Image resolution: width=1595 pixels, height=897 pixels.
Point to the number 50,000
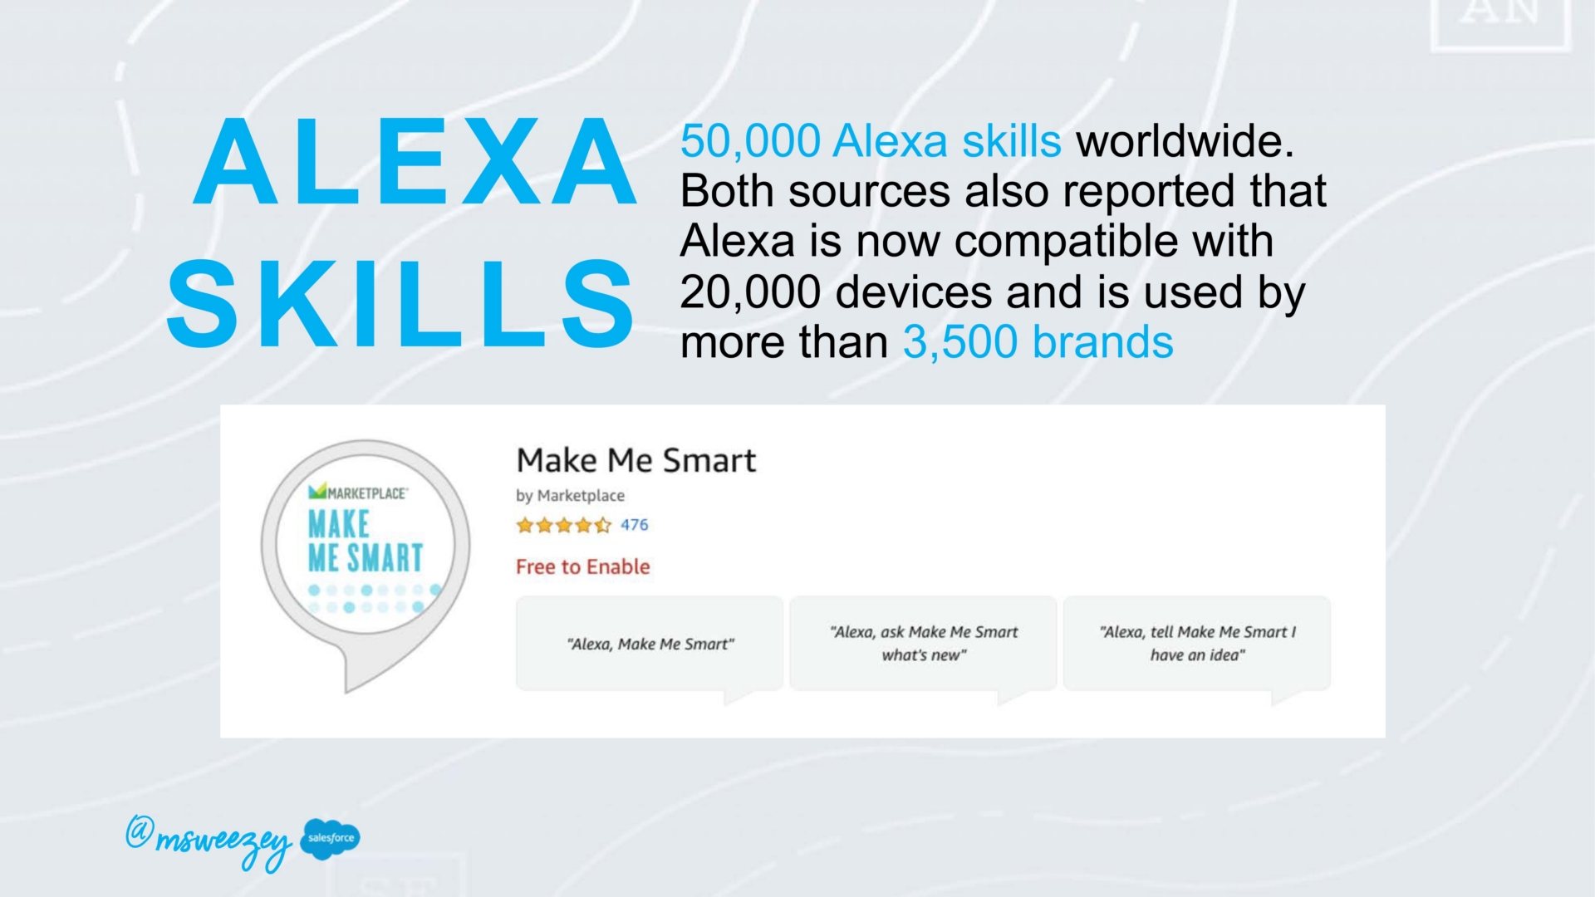750,141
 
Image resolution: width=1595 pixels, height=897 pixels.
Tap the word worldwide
1185,141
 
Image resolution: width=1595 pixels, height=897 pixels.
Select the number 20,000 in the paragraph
750,292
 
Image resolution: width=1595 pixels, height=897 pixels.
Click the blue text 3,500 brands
1038,342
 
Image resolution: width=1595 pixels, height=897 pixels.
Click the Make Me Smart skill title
636,460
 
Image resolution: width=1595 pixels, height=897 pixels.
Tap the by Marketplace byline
570,496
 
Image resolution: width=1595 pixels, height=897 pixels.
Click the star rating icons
563,525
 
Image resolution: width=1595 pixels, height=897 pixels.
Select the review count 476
634,525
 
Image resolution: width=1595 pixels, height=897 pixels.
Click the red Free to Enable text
582,566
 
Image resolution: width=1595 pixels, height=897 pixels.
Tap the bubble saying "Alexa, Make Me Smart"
650,645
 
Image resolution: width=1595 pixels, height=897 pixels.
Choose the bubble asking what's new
924,645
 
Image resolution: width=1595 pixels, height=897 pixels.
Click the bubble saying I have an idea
1197,645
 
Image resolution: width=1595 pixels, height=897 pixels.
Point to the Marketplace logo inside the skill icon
357,493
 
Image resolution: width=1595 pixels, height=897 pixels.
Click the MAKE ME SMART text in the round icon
366,541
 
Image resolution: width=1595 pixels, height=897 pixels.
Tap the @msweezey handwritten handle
209,841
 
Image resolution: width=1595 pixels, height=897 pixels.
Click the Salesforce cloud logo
331,838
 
